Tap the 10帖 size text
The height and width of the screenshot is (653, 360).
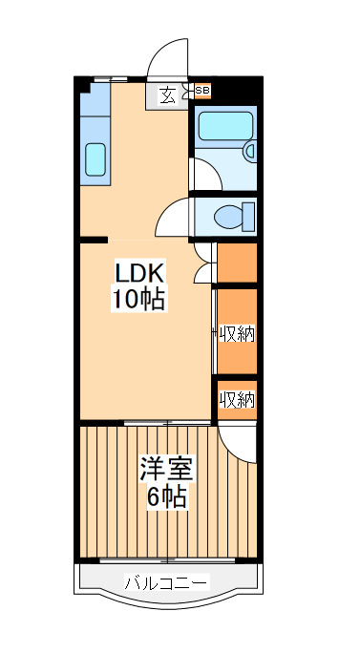pyautogui.click(x=139, y=299)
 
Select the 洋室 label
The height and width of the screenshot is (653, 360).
pyautogui.click(x=167, y=470)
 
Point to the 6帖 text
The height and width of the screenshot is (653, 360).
pyautogui.click(x=167, y=496)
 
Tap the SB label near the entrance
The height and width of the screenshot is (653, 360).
pyautogui.click(x=202, y=92)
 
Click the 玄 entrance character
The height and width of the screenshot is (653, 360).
pyautogui.click(x=167, y=95)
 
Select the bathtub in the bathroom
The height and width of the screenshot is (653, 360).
pyautogui.click(x=223, y=127)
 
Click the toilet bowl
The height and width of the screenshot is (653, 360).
pyautogui.click(x=229, y=215)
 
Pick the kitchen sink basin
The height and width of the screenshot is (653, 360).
pyautogui.click(x=95, y=159)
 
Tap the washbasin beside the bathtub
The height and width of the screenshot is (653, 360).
pyautogui.click(x=250, y=150)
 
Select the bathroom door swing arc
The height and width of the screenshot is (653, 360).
pyautogui.click(x=201, y=172)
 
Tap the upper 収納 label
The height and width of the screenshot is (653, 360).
pyautogui.click(x=238, y=333)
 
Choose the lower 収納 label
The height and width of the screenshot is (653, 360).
pyautogui.click(x=238, y=400)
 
